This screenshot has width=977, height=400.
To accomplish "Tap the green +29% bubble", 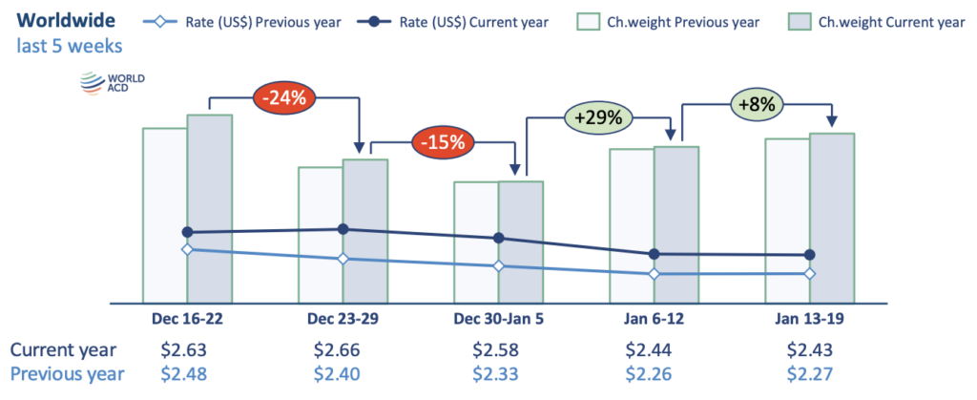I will point(599,118).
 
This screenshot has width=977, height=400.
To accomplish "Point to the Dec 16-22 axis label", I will point(187,317).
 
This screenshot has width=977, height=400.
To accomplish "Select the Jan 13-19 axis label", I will point(809,317).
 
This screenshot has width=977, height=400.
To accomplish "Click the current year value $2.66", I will point(342,349).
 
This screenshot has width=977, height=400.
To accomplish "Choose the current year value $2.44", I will point(653,349).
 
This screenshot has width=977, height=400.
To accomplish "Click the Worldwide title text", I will point(66,19).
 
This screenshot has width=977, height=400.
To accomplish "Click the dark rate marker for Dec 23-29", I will point(343,229).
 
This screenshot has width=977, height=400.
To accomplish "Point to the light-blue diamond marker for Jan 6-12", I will point(654,274).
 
